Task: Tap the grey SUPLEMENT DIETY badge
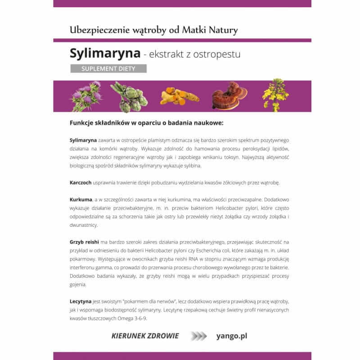[108, 69]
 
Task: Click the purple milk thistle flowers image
[86, 96]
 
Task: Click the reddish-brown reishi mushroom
[229, 95]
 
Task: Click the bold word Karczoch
[81, 183]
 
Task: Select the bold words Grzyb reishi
[85, 242]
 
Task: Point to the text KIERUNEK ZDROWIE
[145, 336]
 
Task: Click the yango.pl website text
[232, 336]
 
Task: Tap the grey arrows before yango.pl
[198, 336]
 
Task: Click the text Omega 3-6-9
[132, 318]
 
